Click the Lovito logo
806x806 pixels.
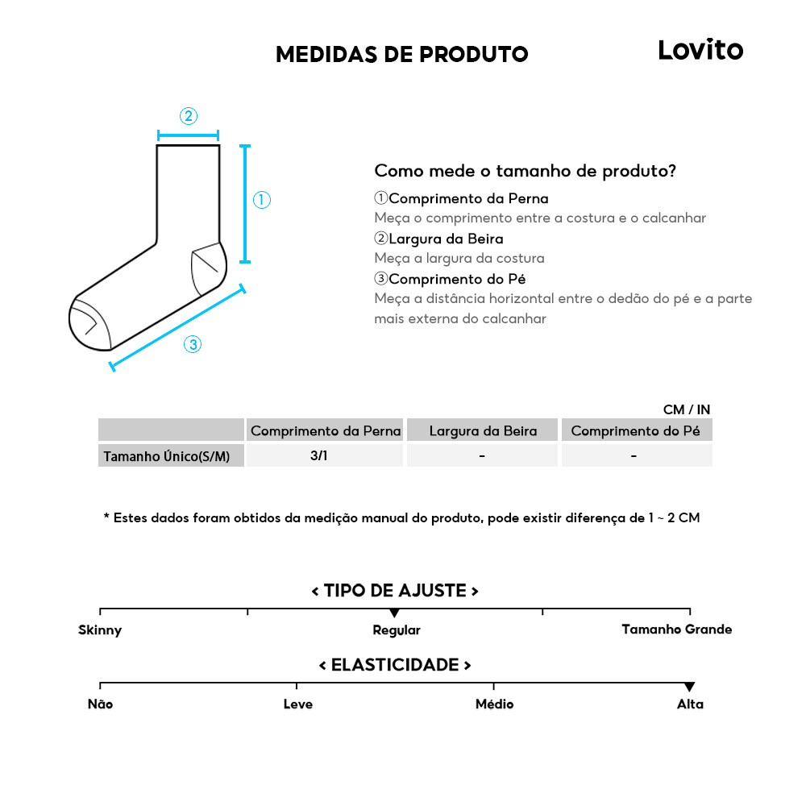700,50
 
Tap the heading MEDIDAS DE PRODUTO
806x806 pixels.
401,55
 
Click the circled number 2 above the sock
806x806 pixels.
188,116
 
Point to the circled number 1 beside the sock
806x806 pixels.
262,200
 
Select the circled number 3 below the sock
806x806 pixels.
192,345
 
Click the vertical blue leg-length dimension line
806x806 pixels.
246,204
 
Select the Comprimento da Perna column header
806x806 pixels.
325,431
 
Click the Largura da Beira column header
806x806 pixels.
482,431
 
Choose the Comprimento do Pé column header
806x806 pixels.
636,431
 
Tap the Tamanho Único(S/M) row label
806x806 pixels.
167,457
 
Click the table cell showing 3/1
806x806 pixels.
319,456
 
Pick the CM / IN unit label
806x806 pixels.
686,410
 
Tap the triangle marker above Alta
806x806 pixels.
689,687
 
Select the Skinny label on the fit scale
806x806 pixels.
100,630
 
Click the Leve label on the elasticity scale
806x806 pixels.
297,704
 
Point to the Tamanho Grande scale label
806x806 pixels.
676,629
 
